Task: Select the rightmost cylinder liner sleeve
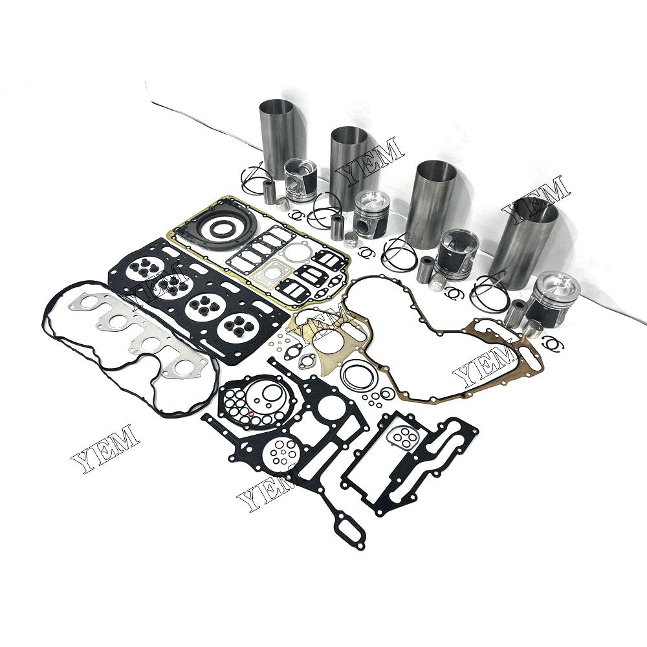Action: pyautogui.click(x=523, y=243)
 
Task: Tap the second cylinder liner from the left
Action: pyautogui.click(x=349, y=165)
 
